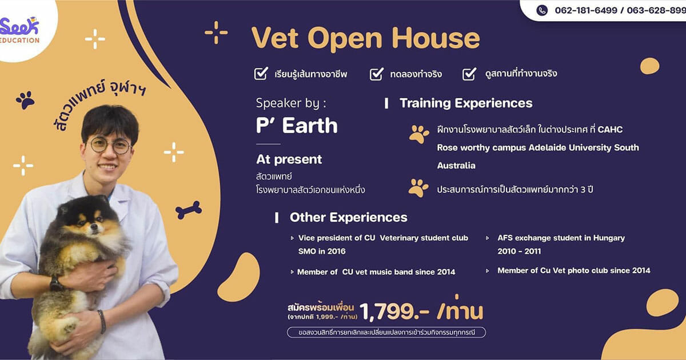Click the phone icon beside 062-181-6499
tap(542, 10)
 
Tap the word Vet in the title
tap(275, 38)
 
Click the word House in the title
tap(436, 38)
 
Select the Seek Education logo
tap(19, 30)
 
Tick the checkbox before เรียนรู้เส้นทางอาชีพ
tap(261, 74)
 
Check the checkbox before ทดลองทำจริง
tap(376, 74)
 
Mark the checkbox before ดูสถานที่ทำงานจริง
tap(469, 74)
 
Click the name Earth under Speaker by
tap(310, 126)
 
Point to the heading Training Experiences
tap(466, 103)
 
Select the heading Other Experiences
tap(349, 217)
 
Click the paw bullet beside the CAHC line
tap(418, 134)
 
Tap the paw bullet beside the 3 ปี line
tap(418, 187)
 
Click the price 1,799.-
tap(394, 312)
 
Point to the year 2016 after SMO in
tap(336, 251)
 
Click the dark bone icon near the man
tap(189, 210)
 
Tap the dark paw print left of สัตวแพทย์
tap(25, 100)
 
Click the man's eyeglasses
tap(110, 146)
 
